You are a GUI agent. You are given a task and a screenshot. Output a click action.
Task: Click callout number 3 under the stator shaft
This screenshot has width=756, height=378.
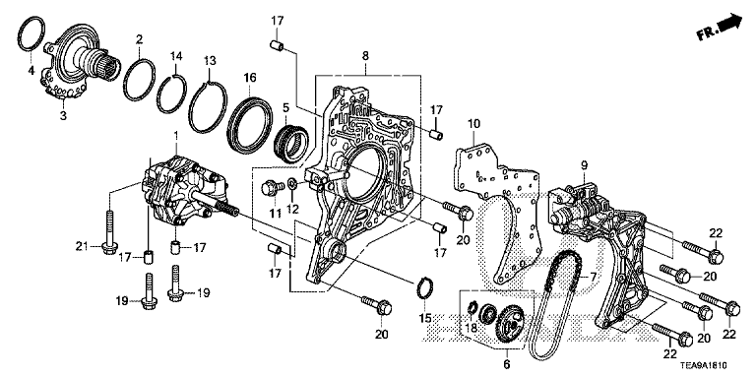point(63,116)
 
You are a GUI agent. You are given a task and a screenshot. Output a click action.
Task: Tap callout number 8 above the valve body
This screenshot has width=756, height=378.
point(365,56)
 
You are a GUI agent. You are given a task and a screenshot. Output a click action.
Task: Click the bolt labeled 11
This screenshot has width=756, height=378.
point(270,187)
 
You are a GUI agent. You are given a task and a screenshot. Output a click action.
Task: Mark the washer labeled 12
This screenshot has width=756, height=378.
point(292,184)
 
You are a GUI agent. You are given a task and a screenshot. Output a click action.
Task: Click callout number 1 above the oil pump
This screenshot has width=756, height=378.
point(176,137)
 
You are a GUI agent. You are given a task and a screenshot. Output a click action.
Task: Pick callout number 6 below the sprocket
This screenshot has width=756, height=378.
point(506,365)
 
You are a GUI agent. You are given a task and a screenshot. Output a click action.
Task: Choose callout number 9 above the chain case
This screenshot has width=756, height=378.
point(585,165)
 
